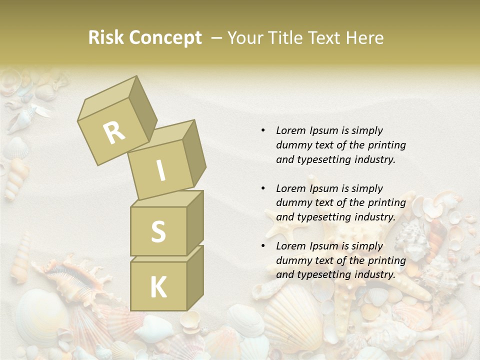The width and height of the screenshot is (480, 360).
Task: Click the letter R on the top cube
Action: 114,133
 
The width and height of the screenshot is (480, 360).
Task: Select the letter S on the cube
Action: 158,231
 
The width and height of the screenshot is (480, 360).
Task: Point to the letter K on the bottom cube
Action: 158,287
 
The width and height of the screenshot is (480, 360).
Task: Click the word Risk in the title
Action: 105,38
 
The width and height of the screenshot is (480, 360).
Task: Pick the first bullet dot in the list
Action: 263,130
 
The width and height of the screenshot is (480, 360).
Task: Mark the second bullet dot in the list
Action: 263,188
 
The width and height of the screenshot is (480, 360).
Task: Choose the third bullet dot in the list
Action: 263,246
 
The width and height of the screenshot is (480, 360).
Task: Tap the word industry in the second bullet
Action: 375,217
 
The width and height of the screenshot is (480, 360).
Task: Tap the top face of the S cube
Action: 167,199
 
